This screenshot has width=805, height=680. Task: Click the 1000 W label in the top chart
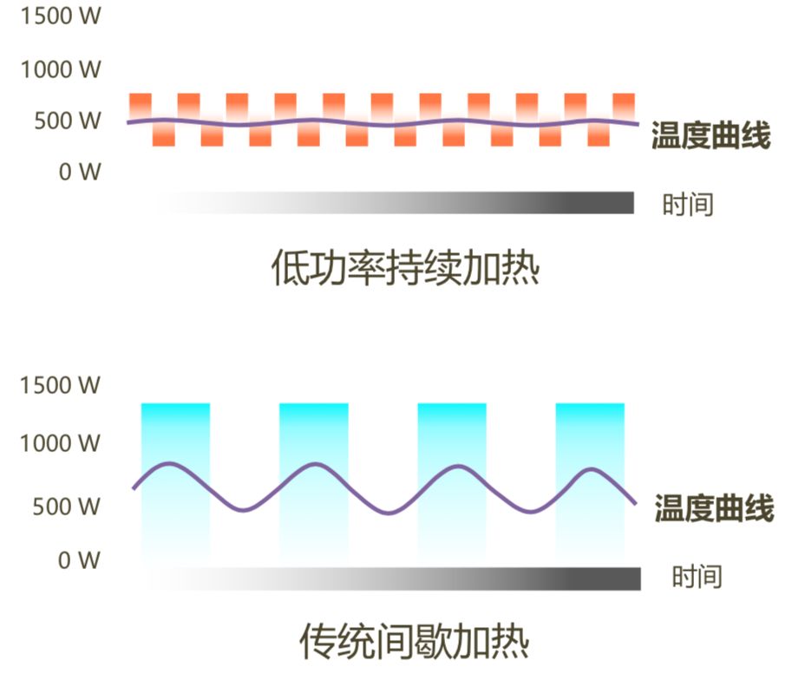61,69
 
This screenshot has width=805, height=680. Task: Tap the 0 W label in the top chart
80,172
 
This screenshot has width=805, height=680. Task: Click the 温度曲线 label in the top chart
710,136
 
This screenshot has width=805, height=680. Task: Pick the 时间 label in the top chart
688,205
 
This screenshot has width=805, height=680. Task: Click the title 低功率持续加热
405,266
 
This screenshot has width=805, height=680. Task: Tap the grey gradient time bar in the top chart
395,202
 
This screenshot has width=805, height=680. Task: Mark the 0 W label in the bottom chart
80,560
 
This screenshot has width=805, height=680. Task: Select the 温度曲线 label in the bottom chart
714,509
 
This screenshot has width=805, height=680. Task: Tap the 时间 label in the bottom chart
697,576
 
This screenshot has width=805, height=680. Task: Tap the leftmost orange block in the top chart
141,105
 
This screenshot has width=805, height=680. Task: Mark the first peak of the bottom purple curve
170,464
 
